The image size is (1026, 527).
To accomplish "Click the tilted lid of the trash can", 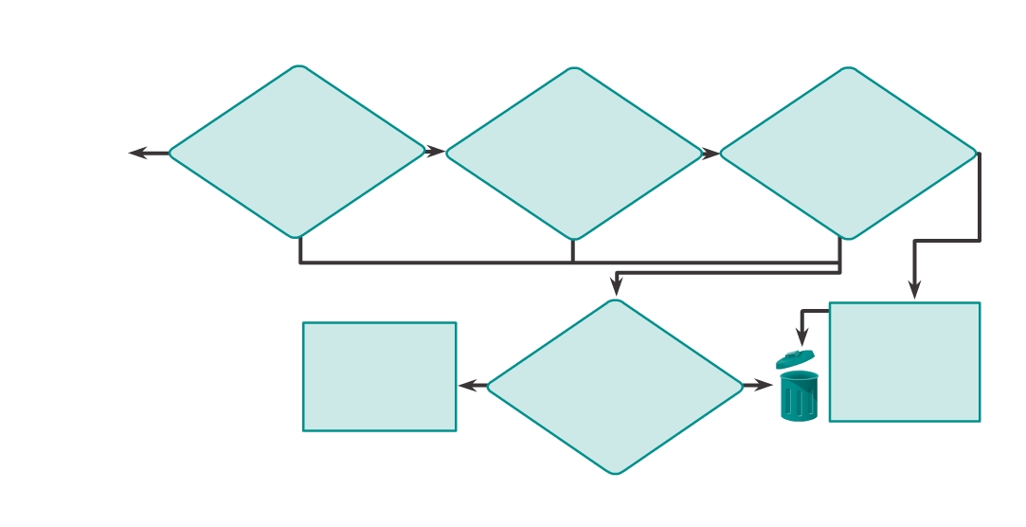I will [795, 359].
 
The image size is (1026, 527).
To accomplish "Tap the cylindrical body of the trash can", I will [799, 397].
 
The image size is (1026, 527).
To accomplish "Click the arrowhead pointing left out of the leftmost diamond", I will [137, 153].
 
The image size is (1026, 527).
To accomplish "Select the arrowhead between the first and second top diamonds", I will [436, 152].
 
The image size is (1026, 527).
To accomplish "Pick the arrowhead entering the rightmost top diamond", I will [711, 154].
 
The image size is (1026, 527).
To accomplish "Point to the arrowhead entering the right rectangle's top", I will [914, 291].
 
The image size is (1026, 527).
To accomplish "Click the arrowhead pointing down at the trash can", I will [801, 338].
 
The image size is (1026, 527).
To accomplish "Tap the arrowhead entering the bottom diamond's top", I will [616, 288].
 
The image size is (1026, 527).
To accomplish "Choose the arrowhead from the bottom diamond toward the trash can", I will [765, 386].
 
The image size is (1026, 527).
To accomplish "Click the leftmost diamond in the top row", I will [297, 152].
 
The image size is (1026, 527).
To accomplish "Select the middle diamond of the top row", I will [573, 154].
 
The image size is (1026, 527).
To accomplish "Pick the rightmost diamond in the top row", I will [848, 154].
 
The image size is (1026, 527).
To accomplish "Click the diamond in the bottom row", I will [616, 387].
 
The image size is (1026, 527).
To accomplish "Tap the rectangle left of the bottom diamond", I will [379, 376].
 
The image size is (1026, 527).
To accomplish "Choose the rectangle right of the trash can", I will [905, 362].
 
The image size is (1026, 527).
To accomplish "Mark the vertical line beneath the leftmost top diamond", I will [300, 249].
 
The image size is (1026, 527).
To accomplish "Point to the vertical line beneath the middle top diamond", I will [572, 251].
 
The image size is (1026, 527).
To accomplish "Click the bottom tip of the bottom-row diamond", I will [616, 473].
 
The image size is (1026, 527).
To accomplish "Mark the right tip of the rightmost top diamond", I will [976, 153].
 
